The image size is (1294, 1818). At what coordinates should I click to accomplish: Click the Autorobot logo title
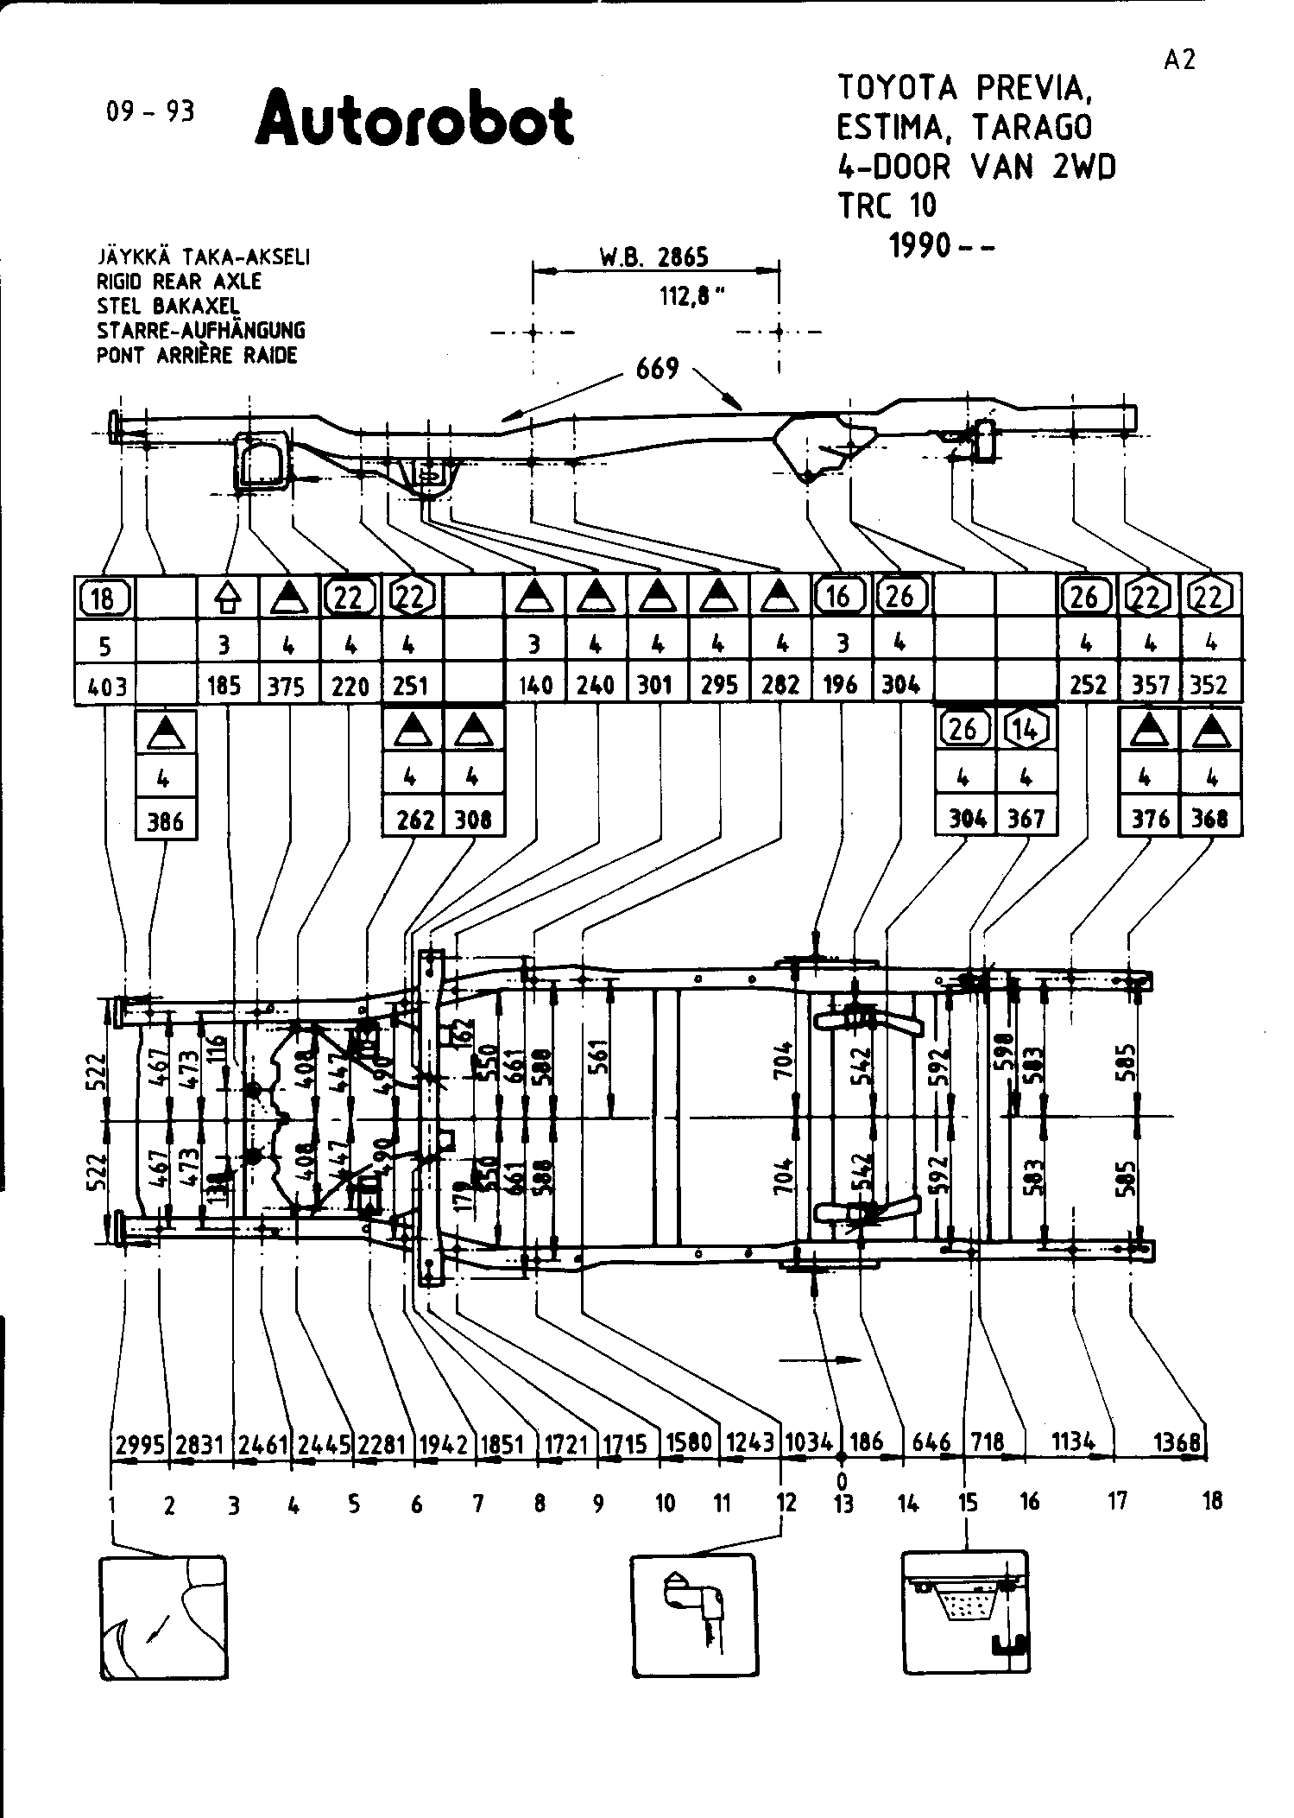[415, 120]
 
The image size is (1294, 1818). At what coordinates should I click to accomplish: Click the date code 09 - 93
[150, 111]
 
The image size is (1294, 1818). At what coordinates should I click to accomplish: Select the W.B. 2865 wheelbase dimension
[654, 257]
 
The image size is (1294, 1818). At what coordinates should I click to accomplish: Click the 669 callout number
[658, 370]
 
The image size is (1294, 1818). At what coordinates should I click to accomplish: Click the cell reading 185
[227, 686]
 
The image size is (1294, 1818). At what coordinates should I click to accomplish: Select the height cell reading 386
[166, 820]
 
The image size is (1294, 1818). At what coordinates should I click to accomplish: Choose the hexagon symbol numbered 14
[1026, 731]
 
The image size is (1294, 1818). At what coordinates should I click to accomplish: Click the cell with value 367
[1026, 819]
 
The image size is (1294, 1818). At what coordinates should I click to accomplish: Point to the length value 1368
[1177, 1442]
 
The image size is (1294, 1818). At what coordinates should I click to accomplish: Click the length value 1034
[809, 1442]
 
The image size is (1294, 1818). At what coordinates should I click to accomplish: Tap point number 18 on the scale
[1211, 1501]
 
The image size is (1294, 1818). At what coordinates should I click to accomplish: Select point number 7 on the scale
[477, 1504]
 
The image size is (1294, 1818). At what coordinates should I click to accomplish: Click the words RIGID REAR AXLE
[179, 282]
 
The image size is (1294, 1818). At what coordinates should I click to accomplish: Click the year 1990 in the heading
[922, 246]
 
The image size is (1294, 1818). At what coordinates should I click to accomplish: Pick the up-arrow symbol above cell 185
[227, 597]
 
